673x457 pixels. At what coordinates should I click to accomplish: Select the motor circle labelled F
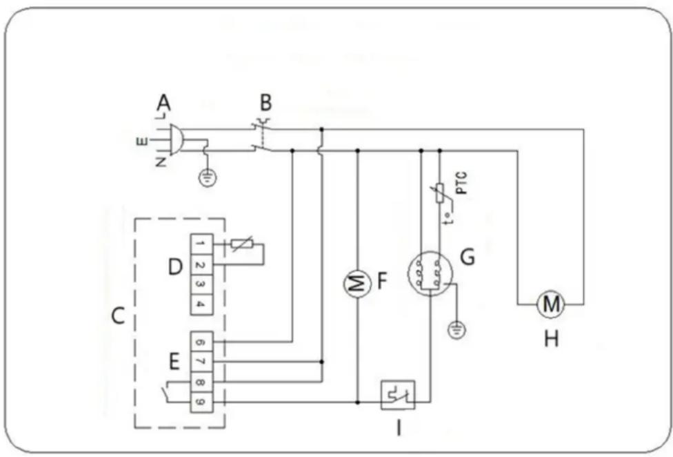(x=357, y=284)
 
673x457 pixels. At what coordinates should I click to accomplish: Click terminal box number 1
(x=199, y=244)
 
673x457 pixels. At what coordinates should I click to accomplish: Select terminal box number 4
(x=199, y=303)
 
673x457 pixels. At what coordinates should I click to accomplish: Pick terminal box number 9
(x=199, y=401)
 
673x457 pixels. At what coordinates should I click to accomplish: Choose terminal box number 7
(x=199, y=361)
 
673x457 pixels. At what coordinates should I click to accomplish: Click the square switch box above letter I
(x=398, y=396)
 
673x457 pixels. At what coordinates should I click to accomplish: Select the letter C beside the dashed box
(x=119, y=317)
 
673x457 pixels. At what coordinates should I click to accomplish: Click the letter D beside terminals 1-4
(x=174, y=266)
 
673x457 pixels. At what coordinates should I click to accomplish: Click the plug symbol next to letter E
(x=173, y=140)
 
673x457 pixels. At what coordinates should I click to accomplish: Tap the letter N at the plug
(x=161, y=163)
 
